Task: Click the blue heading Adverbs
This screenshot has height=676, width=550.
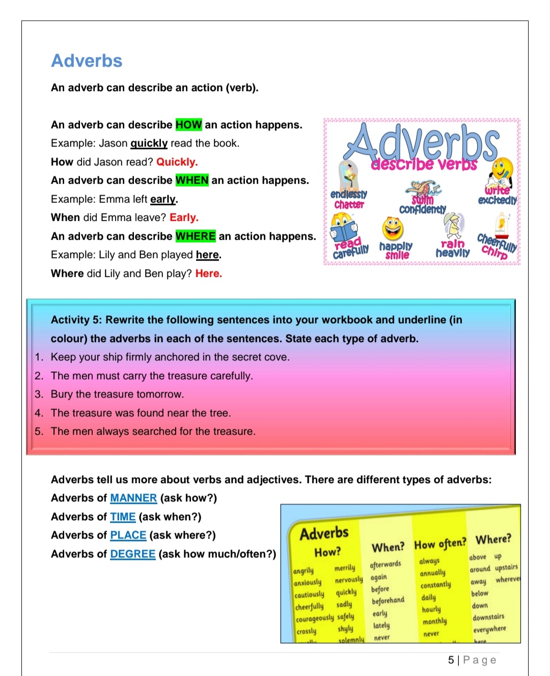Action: pos(87,61)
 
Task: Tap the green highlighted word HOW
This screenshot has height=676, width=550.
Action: pos(188,125)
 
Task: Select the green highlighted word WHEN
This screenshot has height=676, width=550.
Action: pos(192,180)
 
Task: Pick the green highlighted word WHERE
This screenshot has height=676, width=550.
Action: pos(196,236)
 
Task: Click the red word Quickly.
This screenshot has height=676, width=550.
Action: pos(177,162)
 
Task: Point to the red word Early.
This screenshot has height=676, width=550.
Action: pos(184,217)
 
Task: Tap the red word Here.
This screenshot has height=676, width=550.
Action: pos(208,273)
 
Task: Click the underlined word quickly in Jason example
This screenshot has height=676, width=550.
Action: pos(149,143)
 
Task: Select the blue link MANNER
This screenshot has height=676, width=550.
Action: pos(133,498)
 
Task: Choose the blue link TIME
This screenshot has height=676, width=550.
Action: pos(123,517)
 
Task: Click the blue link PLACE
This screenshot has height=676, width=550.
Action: pos(128,535)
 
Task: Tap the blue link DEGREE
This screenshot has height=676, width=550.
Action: pos(133,554)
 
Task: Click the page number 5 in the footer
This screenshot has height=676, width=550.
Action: pos(451,660)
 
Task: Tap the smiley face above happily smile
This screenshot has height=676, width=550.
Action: pos(393,229)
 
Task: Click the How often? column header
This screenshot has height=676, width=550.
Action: pos(440,544)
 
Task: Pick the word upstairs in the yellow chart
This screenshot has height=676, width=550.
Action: pos(506,567)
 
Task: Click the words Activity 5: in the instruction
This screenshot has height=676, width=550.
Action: pos(76,320)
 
